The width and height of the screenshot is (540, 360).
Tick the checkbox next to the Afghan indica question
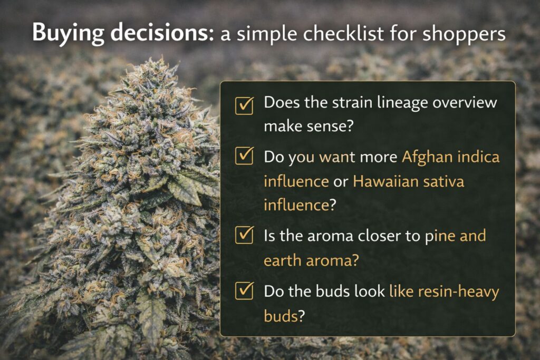tap(244, 157)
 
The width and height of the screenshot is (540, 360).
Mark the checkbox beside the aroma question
tap(244, 236)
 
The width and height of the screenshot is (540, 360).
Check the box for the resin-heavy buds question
tap(244, 291)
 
